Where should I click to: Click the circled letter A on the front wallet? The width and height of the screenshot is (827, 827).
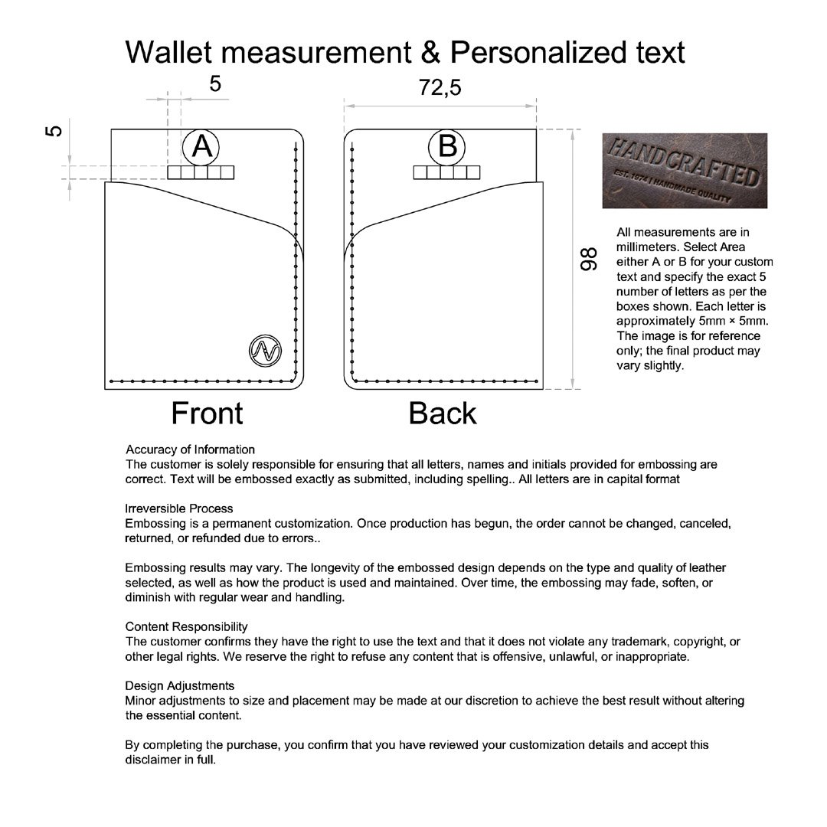tap(201, 145)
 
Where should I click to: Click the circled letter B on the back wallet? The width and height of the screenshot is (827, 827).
tap(447, 145)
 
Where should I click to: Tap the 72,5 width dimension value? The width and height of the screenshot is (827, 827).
tap(440, 88)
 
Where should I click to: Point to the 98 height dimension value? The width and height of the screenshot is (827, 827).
tap(588, 260)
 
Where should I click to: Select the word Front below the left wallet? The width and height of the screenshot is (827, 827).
tap(207, 413)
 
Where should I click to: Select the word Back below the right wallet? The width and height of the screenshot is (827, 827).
tap(443, 413)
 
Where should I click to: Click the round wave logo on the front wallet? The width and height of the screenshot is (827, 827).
tap(265, 350)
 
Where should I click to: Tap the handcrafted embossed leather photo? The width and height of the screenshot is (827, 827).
tap(684, 171)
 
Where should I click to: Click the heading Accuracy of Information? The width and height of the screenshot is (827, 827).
tap(190, 449)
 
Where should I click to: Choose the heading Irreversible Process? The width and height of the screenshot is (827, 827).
tap(178, 508)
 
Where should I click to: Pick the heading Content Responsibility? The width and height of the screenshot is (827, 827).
tap(186, 626)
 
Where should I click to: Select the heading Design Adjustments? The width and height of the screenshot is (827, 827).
tap(179, 685)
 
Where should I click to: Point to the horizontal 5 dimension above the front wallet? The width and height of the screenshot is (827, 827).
tap(215, 83)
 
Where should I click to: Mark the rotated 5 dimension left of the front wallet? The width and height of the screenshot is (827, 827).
tap(54, 130)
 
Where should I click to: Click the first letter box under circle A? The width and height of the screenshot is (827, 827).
tap(175, 173)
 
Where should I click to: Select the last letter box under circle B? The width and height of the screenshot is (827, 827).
tap(472, 173)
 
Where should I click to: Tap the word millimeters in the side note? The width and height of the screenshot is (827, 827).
tap(647, 247)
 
